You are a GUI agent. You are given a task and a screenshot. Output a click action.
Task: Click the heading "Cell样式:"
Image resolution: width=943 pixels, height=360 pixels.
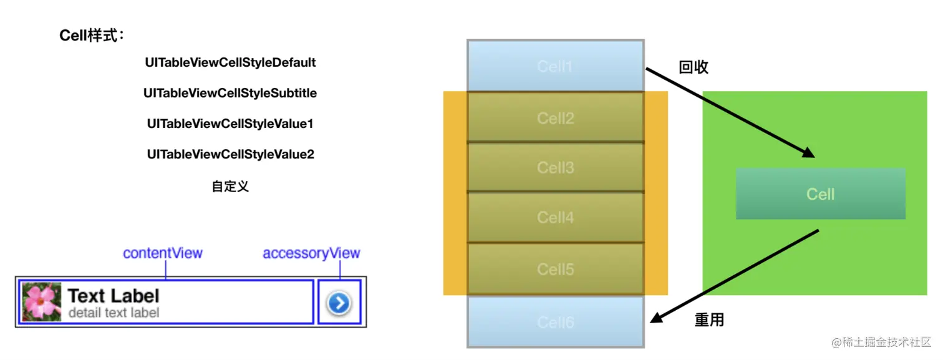(92, 36)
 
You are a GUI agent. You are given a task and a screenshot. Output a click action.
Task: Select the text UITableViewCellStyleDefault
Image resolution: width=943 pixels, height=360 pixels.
(230, 63)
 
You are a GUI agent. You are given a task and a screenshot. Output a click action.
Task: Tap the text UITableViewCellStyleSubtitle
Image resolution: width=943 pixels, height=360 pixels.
(230, 94)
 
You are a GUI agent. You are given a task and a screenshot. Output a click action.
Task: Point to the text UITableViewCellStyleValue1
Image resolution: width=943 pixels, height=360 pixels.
(230, 124)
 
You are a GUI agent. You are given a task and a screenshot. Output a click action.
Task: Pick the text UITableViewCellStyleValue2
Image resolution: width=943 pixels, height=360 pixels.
(230, 154)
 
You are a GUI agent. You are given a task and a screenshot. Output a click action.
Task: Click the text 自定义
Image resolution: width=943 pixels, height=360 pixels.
(230, 187)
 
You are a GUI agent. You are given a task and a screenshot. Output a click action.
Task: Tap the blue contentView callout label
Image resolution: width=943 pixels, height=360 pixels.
(163, 253)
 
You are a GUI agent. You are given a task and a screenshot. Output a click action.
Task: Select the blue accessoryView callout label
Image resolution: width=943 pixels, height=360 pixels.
(311, 253)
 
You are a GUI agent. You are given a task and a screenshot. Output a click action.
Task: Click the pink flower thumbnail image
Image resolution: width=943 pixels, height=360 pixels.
(42, 302)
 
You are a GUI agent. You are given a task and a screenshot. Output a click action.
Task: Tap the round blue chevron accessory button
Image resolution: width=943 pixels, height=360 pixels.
(339, 303)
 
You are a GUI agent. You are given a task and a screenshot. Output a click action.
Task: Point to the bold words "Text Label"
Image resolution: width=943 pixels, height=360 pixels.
(114, 296)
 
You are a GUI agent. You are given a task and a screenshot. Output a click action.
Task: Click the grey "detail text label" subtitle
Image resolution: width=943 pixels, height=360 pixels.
(114, 313)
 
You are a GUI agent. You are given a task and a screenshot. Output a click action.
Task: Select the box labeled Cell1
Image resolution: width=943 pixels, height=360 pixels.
(555, 66)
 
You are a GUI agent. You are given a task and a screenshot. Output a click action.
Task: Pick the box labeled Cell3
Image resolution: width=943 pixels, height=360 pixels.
(555, 168)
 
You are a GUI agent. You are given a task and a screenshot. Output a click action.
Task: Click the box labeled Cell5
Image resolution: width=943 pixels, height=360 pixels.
(555, 269)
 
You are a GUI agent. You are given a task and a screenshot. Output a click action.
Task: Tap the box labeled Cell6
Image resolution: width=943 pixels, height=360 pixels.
(555, 322)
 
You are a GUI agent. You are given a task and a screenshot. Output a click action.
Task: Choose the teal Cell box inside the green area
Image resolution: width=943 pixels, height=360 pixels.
(820, 194)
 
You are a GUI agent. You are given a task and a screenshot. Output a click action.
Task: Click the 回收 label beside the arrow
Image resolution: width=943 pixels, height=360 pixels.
(694, 67)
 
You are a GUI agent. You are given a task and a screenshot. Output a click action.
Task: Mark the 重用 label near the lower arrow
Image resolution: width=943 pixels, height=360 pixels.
(709, 321)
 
